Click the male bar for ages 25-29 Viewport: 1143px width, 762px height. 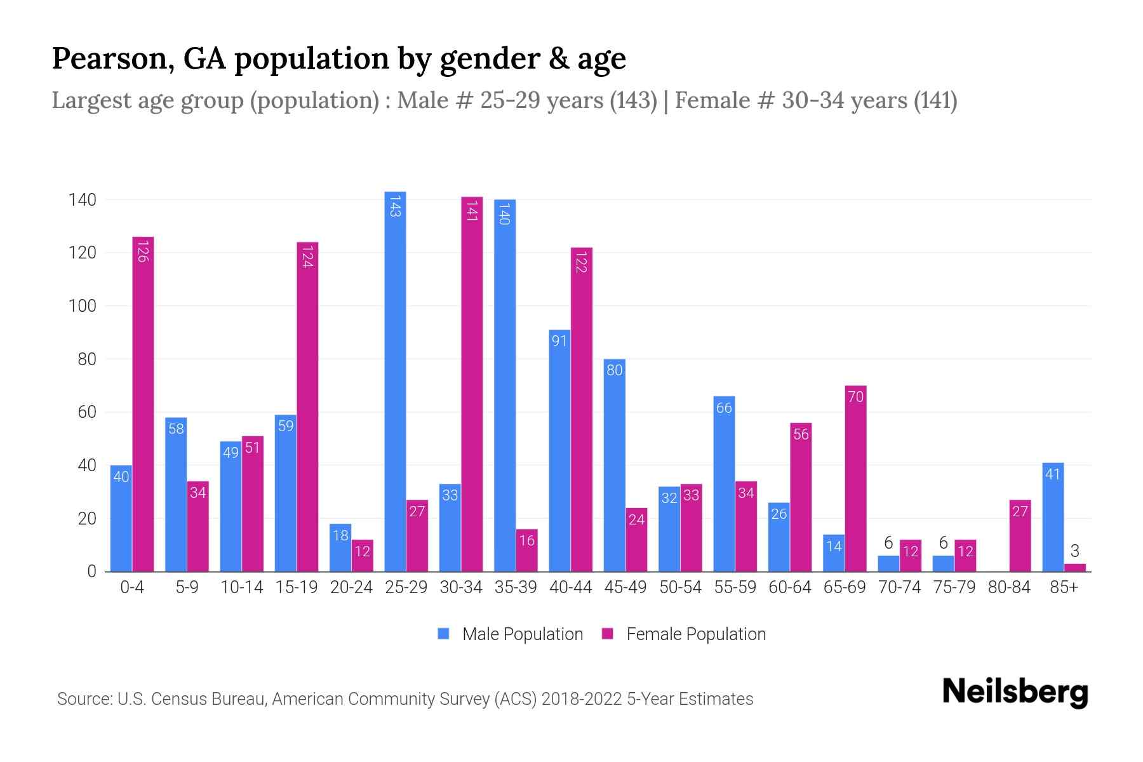point(395,381)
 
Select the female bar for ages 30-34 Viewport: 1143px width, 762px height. point(472,384)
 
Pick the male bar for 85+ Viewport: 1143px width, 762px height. point(1053,517)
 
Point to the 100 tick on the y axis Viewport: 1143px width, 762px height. point(82,306)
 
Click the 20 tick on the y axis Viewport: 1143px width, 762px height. point(86,519)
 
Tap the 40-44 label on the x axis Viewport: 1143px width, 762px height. point(570,587)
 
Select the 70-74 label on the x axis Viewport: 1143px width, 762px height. point(899,587)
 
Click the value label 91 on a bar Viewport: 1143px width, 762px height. point(559,341)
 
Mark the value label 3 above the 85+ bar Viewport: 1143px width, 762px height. point(1074,551)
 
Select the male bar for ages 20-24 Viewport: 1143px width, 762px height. point(340,547)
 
